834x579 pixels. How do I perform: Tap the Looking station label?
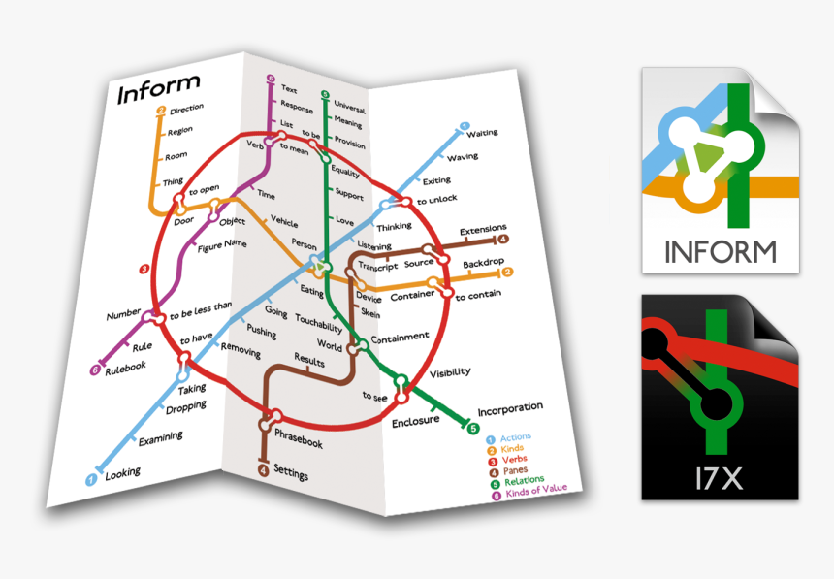click(122, 473)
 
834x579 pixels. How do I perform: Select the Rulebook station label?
click(124, 367)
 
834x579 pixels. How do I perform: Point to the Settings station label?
click(291, 470)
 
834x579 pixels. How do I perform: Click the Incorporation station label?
click(510, 408)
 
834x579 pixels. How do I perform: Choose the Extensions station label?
click(483, 230)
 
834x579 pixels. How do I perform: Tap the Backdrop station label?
click(482, 264)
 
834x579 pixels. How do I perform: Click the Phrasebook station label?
click(298, 437)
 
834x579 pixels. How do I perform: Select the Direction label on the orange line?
click(186, 111)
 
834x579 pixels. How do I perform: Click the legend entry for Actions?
click(515, 438)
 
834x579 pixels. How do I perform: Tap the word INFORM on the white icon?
click(721, 252)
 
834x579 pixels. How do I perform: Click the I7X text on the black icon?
click(720, 476)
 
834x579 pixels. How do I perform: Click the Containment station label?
click(400, 338)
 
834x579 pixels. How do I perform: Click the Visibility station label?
click(450, 371)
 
